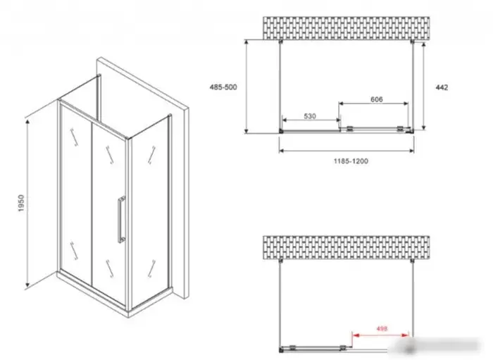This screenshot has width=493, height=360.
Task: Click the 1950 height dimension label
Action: [x=21, y=203]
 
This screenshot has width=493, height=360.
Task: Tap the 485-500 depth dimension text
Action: [x=223, y=87]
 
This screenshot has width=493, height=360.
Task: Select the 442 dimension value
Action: [x=442, y=87]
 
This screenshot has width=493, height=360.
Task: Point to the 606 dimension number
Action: [x=377, y=99]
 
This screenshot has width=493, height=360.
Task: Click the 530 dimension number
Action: [x=310, y=116]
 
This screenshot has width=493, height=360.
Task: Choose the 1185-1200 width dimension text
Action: [x=351, y=161]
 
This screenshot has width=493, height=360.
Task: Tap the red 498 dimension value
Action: [x=382, y=329]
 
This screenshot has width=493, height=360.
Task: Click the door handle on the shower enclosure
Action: [x=121, y=220]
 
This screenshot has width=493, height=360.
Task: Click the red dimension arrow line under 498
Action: [x=380, y=335]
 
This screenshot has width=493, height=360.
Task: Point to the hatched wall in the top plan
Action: [x=347, y=28]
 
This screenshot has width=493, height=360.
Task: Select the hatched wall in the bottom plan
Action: [x=347, y=248]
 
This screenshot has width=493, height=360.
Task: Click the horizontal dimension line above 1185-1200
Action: [x=347, y=151]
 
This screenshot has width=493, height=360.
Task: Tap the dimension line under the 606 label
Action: [x=373, y=104]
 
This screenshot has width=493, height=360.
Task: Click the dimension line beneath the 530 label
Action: [x=311, y=120]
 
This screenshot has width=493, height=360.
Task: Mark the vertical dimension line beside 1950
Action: [x=27, y=204]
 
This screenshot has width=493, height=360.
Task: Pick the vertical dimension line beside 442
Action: [x=424, y=86]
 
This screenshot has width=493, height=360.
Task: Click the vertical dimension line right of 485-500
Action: [x=246, y=87]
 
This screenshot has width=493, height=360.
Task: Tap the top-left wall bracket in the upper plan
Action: [x=281, y=42]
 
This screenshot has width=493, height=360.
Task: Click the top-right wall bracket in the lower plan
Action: [x=412, y=261]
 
